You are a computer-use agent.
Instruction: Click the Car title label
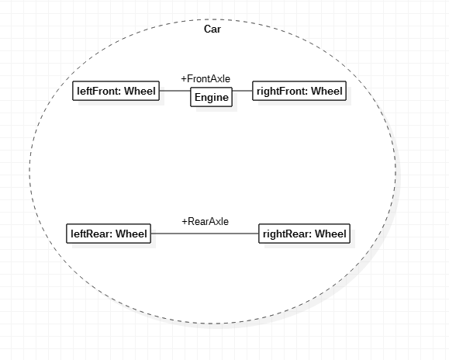[212, 29]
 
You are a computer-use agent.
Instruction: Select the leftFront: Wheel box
[116, 91]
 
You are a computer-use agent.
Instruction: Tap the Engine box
[212, 97]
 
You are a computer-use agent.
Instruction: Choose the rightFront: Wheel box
[299, 91]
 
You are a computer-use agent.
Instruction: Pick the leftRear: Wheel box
[109, 234]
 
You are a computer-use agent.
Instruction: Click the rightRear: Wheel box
[305, 234]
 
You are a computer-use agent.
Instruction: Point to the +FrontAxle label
[206, 79]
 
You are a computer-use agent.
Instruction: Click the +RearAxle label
[206, 221]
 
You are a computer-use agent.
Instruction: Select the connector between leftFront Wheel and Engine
[175, 91]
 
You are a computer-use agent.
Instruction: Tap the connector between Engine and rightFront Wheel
[242, 91]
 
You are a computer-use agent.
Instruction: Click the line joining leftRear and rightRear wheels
[205, 234]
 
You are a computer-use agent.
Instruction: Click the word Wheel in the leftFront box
[140, 91]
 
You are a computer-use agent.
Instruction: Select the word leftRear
[92, 234]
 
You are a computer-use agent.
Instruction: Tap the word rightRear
[288, 234]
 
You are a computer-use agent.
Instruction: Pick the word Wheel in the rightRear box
[330, 234]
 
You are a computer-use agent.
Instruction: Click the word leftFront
[99, 91]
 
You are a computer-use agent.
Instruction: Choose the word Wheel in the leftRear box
[131, 234]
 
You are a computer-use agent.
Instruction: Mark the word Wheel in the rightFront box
[326, 91]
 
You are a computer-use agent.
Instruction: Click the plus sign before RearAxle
[185, 222]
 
